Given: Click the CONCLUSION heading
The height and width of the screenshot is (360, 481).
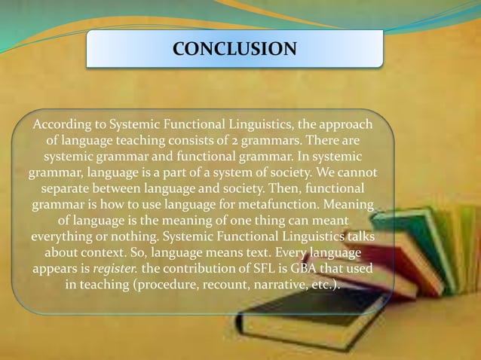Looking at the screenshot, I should click(234, 50).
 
